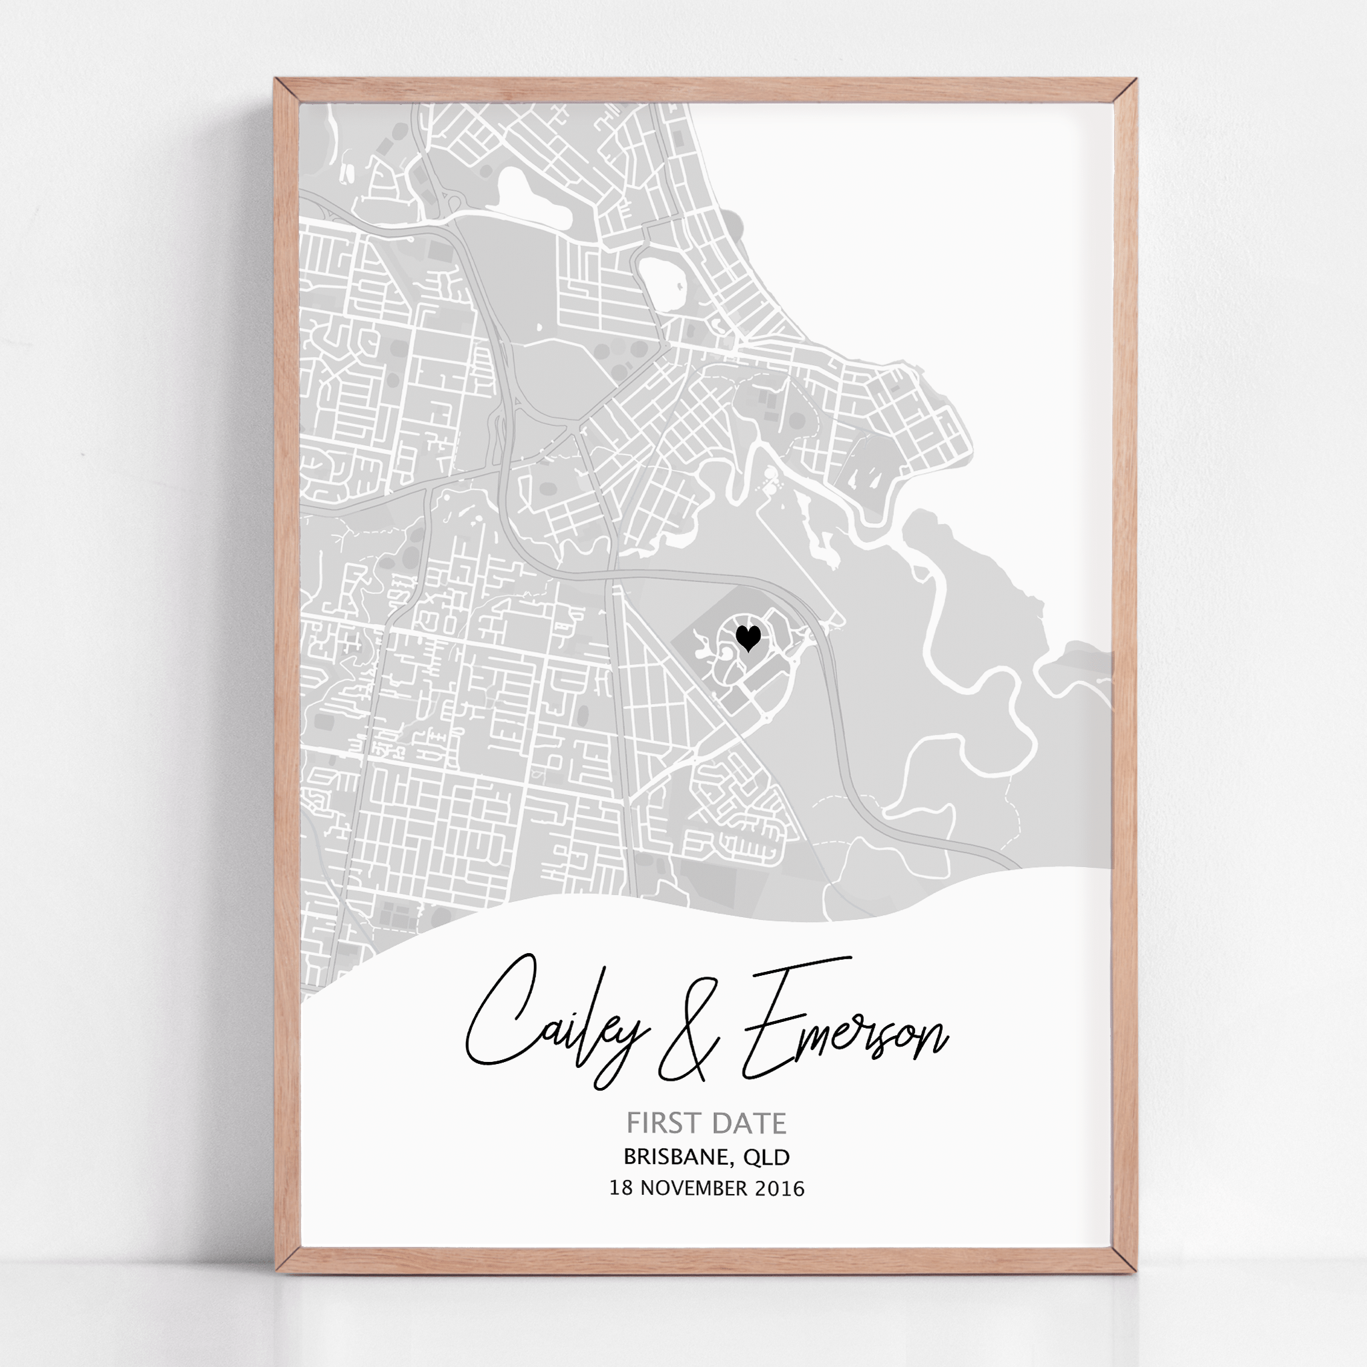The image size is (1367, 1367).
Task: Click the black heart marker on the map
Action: click(x=748, y=637)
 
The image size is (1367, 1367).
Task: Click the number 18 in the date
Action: click(x=621, y=1188)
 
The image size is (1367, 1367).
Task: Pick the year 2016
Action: click(x=780, y=1188)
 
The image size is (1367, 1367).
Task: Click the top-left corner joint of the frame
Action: click(x=287, y=91)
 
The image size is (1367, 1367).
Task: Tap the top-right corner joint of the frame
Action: click(x=1124, y=91)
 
